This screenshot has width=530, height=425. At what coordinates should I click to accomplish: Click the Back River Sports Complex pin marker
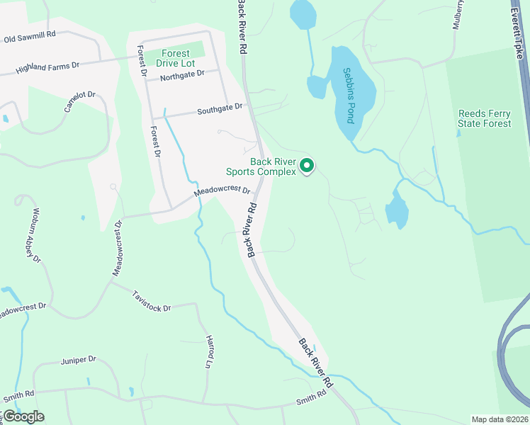tap(307, 166)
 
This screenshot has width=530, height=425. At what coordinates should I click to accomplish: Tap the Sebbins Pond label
tap(349, 96)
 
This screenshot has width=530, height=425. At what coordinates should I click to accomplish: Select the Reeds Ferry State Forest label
tap(485, 118)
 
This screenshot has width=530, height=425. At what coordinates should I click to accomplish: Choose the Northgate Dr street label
tap(182, 73)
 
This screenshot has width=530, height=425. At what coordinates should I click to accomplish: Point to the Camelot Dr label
tap(79, 102)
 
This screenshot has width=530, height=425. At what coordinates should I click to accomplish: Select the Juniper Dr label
tap(78, 360)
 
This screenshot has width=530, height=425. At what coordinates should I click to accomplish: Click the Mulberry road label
tap(458, 15)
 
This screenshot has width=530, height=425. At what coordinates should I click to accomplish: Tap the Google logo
tap(23, 416)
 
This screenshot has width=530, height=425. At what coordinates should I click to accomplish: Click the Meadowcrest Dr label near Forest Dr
tap(222, 191)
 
